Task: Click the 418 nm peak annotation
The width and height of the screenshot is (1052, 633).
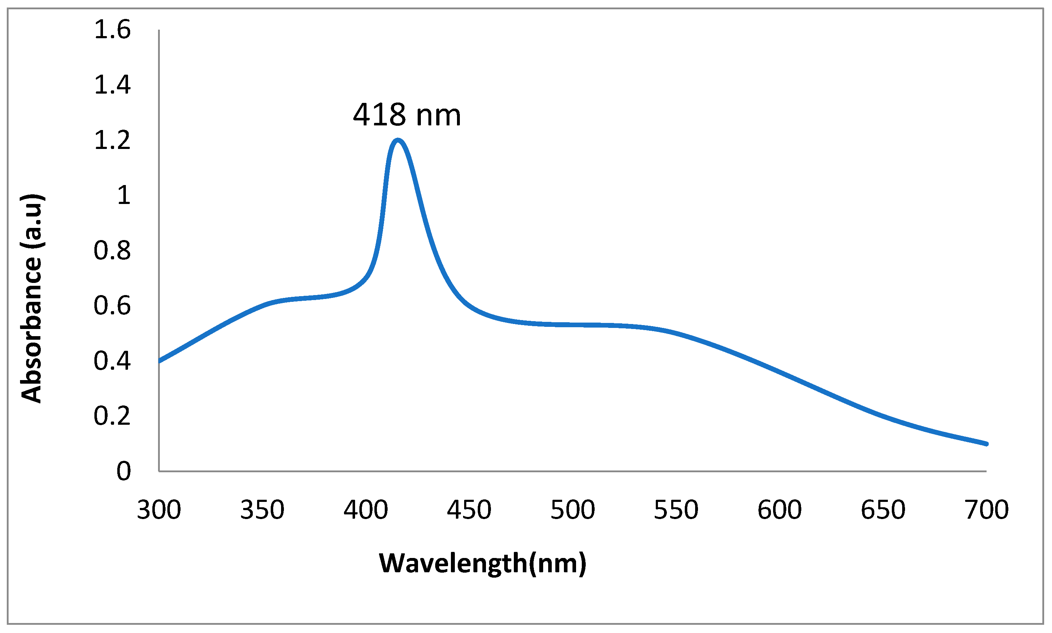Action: [407, 115]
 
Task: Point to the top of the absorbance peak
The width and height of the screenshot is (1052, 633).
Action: [398, 141]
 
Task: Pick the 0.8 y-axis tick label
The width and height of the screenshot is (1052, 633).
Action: [112, 250]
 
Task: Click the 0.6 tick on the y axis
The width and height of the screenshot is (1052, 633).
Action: [112, 305]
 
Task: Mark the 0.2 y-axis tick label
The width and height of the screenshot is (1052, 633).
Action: [112, 416]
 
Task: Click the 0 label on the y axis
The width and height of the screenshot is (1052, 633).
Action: [124, 471]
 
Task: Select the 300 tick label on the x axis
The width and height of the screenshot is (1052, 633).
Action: [159, 510]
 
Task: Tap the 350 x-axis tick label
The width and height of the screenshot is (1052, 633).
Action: [262, 510]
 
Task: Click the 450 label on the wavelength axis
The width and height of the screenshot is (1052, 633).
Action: [469, 510]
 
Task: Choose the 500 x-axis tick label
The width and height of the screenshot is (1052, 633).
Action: [572, 510]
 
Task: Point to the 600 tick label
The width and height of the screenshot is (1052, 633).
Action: [780, 510]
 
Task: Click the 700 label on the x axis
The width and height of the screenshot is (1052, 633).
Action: [986, 510]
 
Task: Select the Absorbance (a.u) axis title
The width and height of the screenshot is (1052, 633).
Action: [32, 299]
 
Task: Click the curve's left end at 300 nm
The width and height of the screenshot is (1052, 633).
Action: [160, 361]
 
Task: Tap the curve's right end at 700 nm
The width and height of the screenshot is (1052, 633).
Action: [985, 444]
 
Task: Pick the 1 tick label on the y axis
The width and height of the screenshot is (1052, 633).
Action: [124, 195]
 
